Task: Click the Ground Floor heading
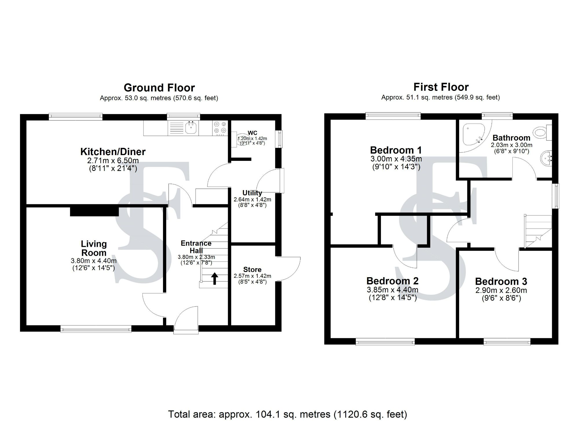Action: [159, 88]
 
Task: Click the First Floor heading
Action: [441, 87]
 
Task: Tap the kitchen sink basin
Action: [191, 128]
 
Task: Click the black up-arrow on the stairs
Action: [215, 278]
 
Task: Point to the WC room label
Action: [252, 133]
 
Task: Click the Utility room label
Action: [252, 193]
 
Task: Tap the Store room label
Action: [252, 270]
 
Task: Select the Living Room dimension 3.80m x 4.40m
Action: [94, 261]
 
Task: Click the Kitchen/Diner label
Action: [113, 152]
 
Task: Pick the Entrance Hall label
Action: [196, 247]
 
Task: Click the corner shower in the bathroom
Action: [473, 135]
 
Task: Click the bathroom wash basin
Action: [546, 159]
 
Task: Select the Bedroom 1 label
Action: [396, 150]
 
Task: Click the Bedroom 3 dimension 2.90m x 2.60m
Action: [501, 290]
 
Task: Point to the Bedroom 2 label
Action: [392, 281]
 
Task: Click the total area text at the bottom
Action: [287, 414]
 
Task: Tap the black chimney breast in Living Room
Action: [94, 211]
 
